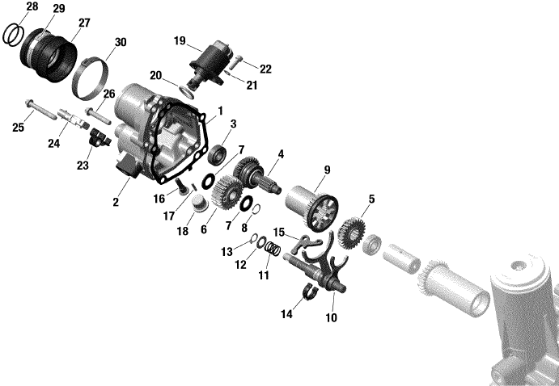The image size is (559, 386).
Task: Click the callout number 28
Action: [x=32, y=6]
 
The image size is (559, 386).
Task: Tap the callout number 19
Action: [x=180, y=41]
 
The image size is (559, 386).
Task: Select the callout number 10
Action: [x=331, y=317]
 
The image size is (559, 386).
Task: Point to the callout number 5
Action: [x=372, y=199]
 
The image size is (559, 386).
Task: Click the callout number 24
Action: [x=54, y=144]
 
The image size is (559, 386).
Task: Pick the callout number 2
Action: [x=116, y=202]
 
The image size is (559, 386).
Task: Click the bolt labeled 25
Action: [x=40, y=110]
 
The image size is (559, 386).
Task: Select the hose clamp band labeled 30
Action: [x=90, y=78]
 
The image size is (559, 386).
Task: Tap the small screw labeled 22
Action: [x=235, y=63]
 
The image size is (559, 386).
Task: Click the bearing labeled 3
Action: [x=217, y=153]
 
